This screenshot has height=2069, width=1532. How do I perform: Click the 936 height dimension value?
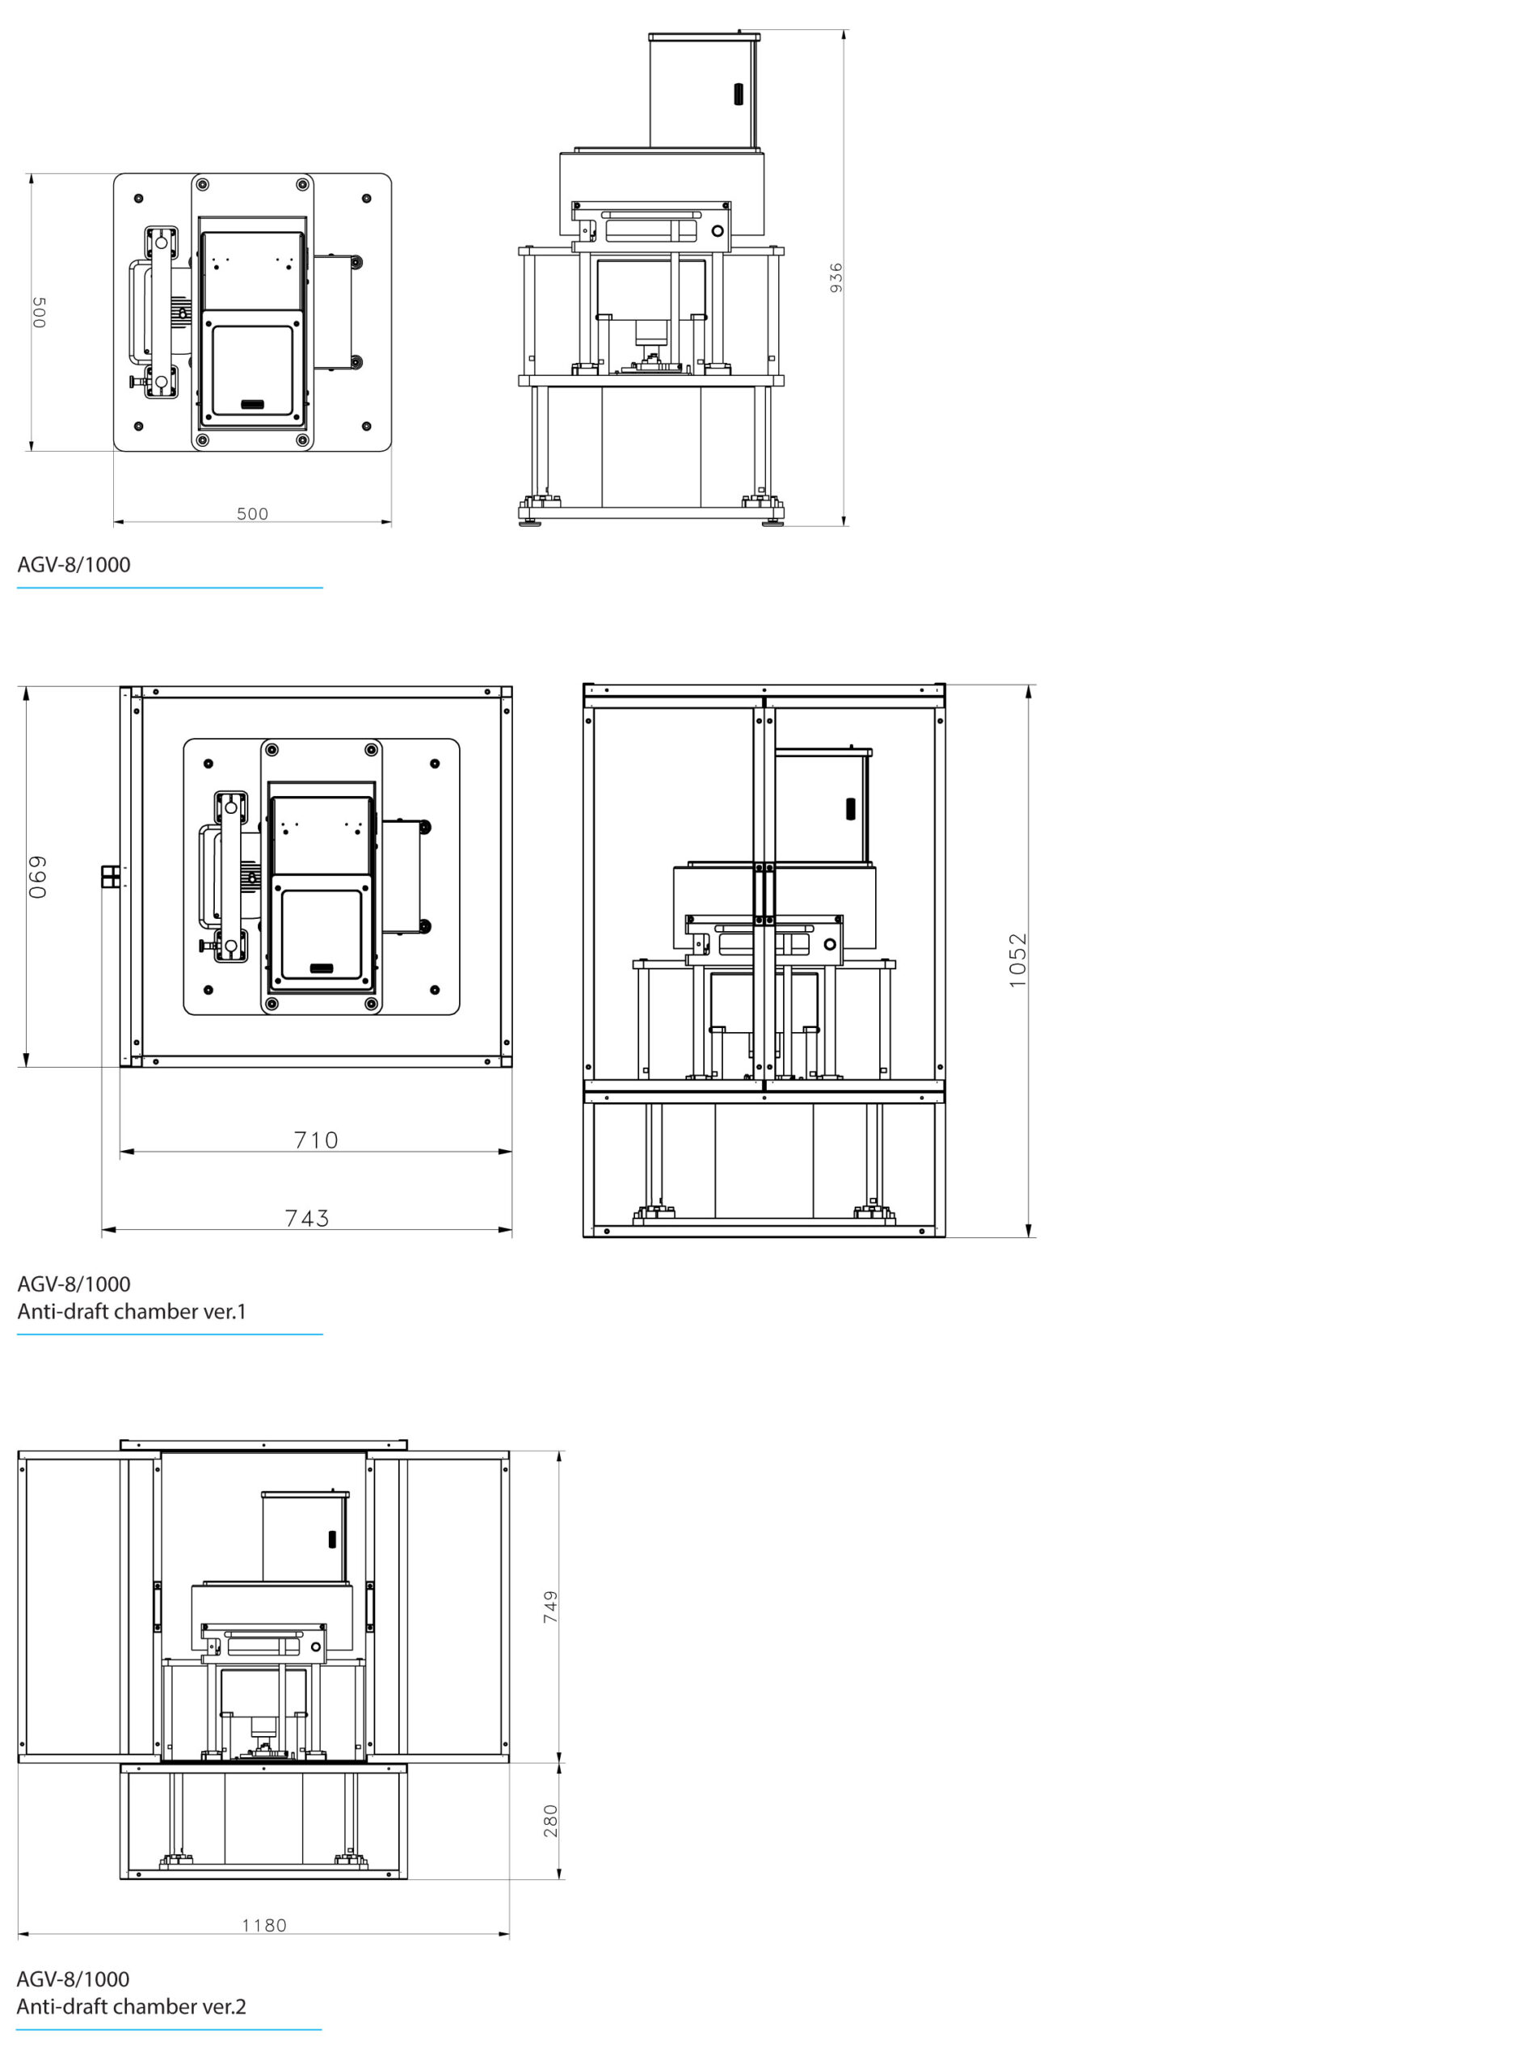coord(835,278)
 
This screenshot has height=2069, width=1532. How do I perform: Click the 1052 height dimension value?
coord(1017,960)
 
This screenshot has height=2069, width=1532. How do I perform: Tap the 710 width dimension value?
coord(316,1140)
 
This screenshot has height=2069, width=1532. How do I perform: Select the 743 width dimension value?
coord(307,1218)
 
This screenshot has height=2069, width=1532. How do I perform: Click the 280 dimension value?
coord(550,1820)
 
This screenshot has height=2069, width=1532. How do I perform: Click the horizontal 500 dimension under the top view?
coord(252,514)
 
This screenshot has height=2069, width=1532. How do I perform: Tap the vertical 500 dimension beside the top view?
coord(39,313)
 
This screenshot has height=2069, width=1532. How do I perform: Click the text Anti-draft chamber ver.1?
coord(132,1312)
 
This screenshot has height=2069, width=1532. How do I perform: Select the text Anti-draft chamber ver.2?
coord(132,2006)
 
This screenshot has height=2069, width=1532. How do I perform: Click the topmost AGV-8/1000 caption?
coord(74,565)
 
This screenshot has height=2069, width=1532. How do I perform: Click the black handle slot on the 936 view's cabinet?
coord(739,95)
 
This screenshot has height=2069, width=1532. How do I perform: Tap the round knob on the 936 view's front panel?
coord(717,230)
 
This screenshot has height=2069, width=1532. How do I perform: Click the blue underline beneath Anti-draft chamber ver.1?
coord(170,1334)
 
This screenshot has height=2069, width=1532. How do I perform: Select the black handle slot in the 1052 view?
coord(849,809)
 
